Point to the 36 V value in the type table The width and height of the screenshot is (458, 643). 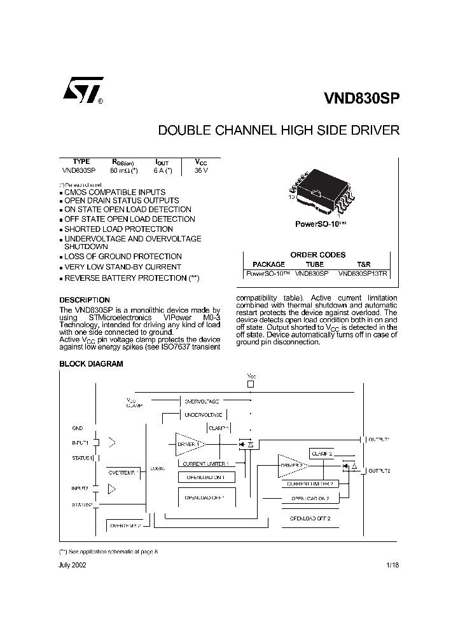[x=201, y=170]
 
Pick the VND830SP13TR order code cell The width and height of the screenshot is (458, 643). [x=363, y=273]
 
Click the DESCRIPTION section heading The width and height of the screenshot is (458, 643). [x=84, y=300]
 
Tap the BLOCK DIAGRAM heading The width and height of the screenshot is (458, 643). [x=91, y=364]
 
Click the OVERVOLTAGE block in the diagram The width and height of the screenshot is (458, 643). [x=201, y=402]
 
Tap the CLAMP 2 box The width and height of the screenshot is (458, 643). [x=323, y=454]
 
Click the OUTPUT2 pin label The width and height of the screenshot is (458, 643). [x=379, y=470]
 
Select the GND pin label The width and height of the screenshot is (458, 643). [x=77, y=428]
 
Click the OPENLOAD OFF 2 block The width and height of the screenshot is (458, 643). [x=310, y=518]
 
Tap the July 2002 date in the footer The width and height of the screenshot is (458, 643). [x=73, y=565]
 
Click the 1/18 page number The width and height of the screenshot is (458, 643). [x=392, y=565]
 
